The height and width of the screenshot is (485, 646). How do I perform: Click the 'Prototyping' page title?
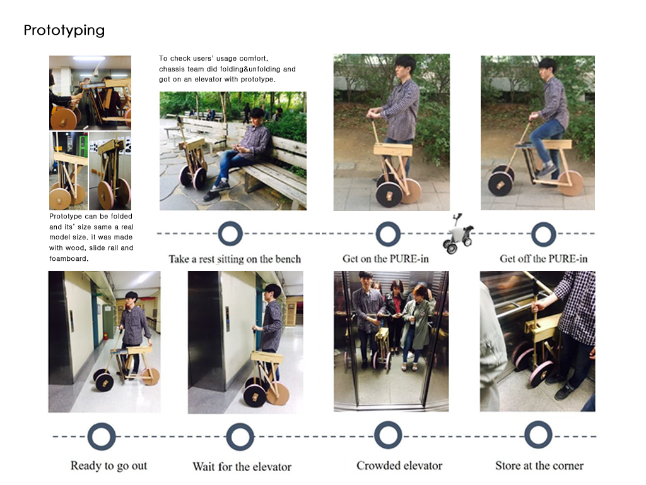[x=64, y=30]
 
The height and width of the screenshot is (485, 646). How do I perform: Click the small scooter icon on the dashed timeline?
[x=458, y=234]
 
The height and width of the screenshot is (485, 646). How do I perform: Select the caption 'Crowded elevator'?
[x=399, y=465]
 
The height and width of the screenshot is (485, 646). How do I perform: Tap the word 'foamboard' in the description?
[x=68, y=258]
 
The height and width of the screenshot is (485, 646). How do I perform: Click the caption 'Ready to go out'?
[x=109, y=466]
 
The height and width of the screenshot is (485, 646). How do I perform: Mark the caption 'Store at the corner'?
[x=539, y=465]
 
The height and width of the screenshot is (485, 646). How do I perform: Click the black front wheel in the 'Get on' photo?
[x=389, y=195]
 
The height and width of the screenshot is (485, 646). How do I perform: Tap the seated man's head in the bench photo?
[x=258, y=116]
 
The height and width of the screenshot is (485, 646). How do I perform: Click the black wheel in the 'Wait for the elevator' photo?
[x=255, y=396]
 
